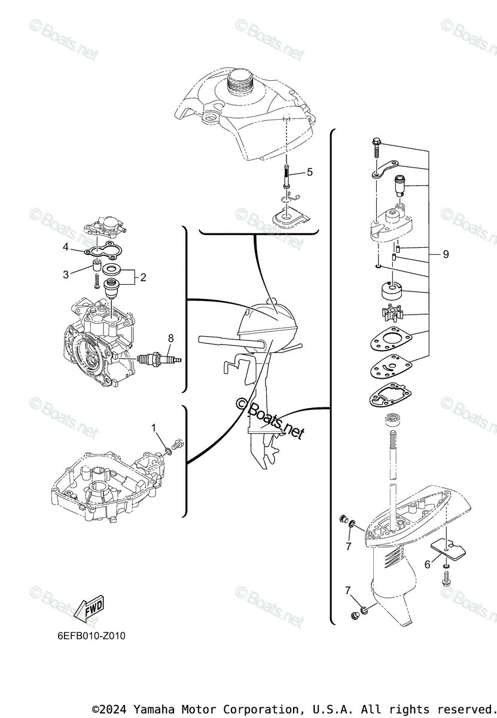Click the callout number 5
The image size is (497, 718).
coord(309,172)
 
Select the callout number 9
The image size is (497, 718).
coord(446,254)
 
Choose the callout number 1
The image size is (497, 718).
coord(154,428)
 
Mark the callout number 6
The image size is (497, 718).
coord(428,564)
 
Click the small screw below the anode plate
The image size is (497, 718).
coord(446,578)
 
